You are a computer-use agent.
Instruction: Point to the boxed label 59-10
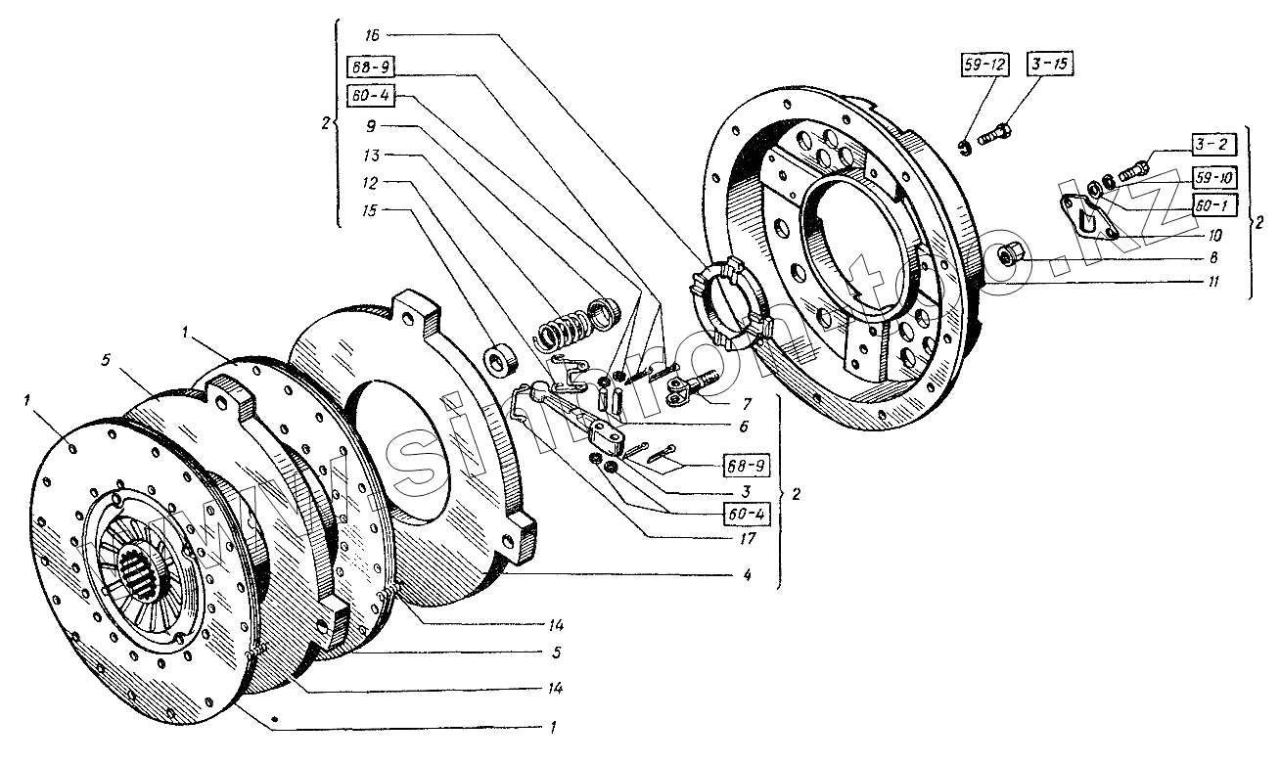pyautogui.click(x=1214, y=177)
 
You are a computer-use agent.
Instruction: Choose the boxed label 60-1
pyautogui.click(x=1214, y=206)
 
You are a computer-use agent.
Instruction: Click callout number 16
pyautogui.click(x=371, y=34)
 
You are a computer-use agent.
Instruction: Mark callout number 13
pyautogui.click(x=371, y=156)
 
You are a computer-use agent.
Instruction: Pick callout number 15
pyautogui.click(x=371, y=210)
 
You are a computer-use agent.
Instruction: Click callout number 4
pyautogui.click(x=747, y=575)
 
